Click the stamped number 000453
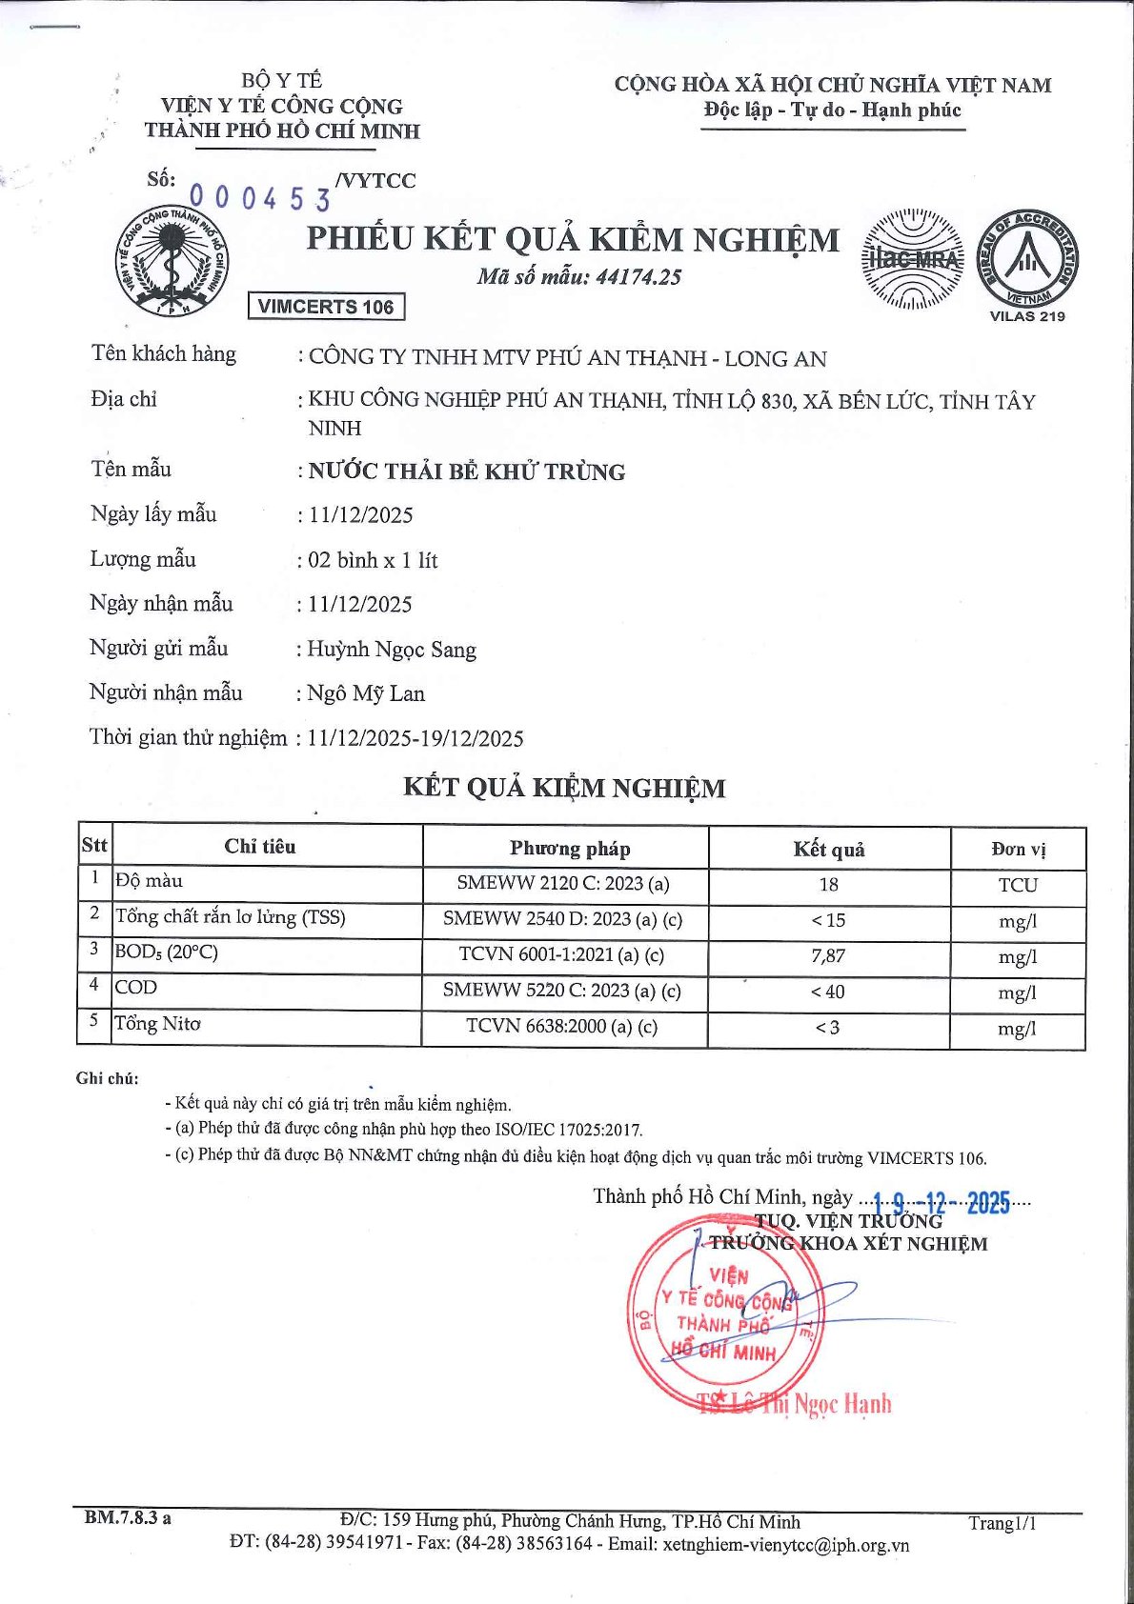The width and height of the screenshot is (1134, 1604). tap(260, 198)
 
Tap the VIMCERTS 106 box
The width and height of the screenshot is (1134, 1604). tap(326, 307)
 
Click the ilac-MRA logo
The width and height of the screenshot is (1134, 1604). tap(912, 259)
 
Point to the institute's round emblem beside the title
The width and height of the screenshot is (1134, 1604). tap(172, 260)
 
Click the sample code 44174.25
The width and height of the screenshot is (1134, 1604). tap(638, 277)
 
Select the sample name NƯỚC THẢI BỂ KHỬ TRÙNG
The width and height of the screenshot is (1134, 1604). tap(467, 471)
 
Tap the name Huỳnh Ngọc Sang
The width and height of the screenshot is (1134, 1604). tap(392, 650)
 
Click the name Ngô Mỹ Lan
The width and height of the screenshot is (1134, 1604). tap(366, 693)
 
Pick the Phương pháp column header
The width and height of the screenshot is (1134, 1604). tap(569, 848)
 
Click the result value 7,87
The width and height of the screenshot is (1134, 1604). tap(828, 955)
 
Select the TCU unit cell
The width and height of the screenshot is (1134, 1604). tap(1017, 885)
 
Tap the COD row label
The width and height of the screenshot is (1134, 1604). tap(136, 988)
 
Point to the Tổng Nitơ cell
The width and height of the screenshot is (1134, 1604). tap(158, 1024)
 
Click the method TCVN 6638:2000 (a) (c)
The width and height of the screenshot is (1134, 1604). tap(561, 1027)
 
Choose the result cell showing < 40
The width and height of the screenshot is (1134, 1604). tap(828, 992)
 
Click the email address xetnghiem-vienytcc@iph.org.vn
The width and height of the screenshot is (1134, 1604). tap(785, 1545)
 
